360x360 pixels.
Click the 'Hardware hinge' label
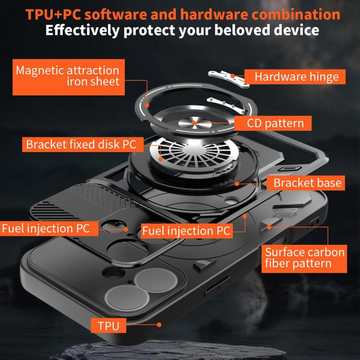pos(295,77)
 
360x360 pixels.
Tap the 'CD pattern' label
pos(272,123)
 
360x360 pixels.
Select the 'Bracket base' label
pos(306,183)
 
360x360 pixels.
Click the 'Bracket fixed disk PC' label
pos(82,144)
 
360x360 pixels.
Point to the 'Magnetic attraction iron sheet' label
pos(69,77)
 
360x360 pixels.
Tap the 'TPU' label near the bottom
pos(108,326)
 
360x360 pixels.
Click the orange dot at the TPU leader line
pos(159,324)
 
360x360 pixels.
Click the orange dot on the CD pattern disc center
pos(194,123)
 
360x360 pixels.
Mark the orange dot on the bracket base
pos(237,184)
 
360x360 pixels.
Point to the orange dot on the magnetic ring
pos(147,106)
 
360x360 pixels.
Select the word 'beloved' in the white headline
pos(242,30)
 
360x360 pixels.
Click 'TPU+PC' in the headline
pos(53,14)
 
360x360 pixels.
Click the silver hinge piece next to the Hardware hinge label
pos(229,78)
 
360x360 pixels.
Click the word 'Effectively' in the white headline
pos(82,30)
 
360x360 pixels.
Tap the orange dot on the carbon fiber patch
pos(269,227)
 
